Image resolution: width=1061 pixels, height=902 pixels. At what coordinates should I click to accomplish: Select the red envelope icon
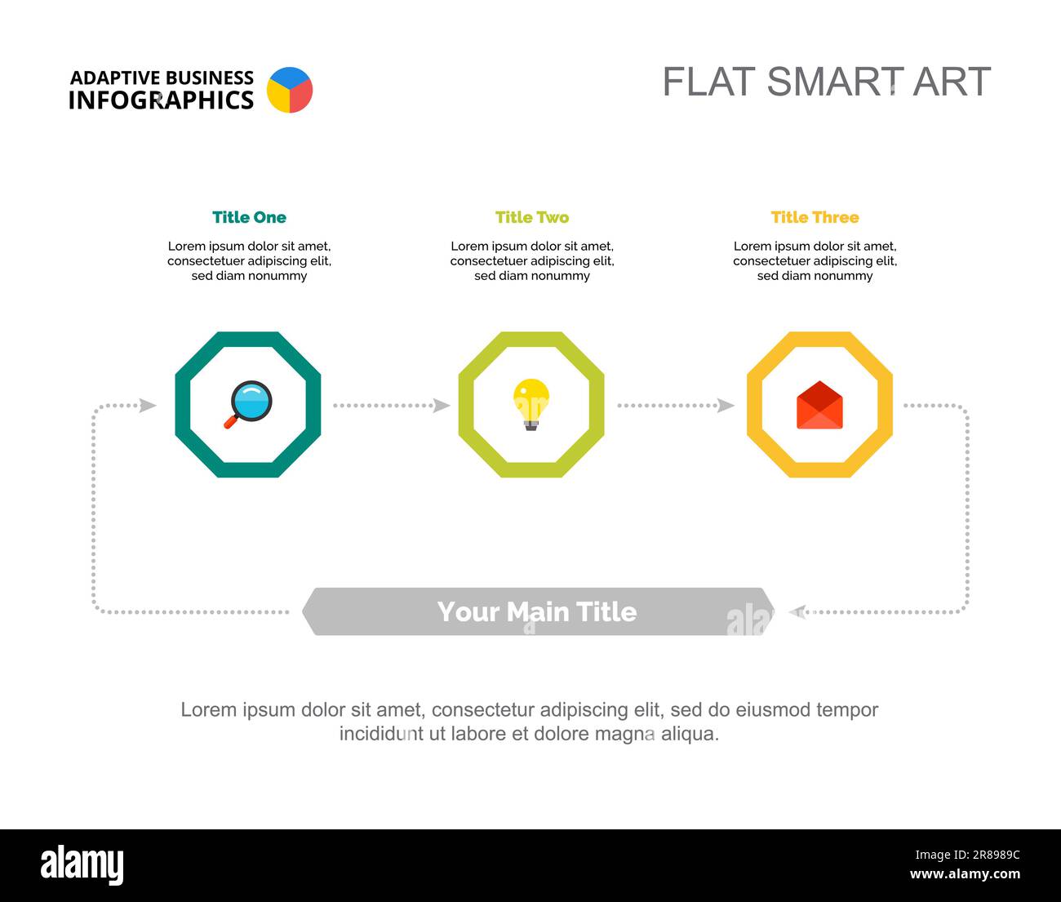click(819, 405)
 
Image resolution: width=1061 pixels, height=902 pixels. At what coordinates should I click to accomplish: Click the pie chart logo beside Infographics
click(290, 90)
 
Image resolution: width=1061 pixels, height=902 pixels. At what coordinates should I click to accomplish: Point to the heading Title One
click(249, 217)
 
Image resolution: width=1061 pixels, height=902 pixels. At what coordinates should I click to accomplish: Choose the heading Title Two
click(532, 217)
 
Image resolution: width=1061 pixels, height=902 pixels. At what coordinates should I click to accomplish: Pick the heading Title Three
click(815, 217)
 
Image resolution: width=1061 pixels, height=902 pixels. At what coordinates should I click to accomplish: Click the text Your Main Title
click(537, 611)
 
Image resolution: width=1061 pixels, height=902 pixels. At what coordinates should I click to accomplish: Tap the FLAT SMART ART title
click(826, 81)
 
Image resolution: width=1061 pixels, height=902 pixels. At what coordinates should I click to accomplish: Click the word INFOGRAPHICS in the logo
click(161, 100)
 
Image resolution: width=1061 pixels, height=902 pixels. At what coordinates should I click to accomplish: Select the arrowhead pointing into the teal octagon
click(148, 406)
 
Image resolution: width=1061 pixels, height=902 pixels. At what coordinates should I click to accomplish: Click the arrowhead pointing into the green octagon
click(442, 406)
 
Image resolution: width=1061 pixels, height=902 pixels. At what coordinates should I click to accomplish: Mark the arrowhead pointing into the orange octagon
click(726, 406)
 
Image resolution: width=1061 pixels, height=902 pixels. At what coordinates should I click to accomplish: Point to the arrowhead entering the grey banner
click(797, 611)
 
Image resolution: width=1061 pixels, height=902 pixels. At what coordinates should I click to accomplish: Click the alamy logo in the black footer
click(82, 865)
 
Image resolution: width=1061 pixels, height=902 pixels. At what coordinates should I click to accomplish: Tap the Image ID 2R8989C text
click(968, 855)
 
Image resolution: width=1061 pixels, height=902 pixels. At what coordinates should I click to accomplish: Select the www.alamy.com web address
click(965, 873)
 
